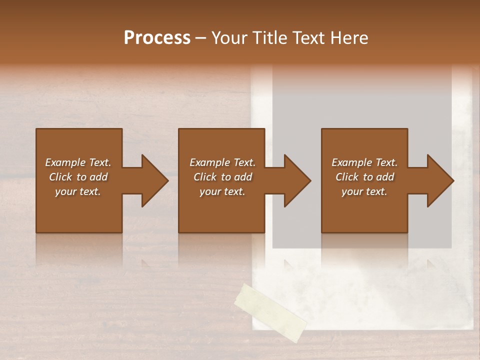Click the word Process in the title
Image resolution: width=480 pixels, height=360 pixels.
(157, 37)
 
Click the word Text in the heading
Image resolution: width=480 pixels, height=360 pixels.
(307, 37)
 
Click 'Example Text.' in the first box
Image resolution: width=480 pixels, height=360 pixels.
(78, 162)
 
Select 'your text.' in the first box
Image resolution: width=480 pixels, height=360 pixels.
(78, 191)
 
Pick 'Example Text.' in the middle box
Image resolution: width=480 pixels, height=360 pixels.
(222, 162)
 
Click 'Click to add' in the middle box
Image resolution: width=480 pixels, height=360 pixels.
(222, 177)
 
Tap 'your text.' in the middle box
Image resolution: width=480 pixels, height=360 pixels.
(222, 191)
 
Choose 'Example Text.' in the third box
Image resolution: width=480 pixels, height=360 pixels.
(364, 162)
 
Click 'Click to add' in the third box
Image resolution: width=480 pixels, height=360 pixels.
(364, 177)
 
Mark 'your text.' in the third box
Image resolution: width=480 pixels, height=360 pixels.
(364, 191)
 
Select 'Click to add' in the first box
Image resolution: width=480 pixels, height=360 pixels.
(78, 177)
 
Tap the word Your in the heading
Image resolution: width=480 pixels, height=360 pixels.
(230, 37)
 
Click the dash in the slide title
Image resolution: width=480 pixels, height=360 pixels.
(201, 38)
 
